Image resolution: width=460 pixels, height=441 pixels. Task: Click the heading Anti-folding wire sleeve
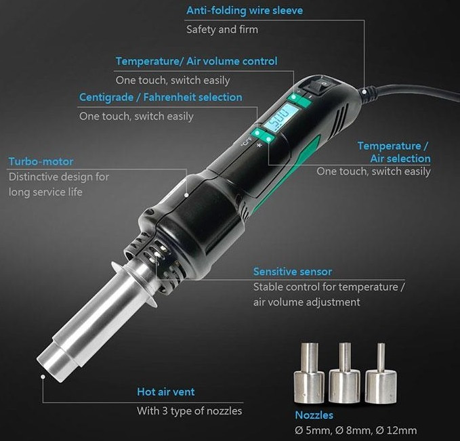click(x=245, y=11)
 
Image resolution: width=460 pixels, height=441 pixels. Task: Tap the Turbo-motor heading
click(x=41, y=161)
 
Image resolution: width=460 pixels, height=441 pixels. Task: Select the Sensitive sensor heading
click(x=293, y=272)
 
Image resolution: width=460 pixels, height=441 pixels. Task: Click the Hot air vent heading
click(x=166, y=392)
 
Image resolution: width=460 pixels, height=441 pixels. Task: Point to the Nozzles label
click(x=314, y=415)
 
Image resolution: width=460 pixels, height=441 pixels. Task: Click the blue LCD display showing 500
click(x=280, y=117)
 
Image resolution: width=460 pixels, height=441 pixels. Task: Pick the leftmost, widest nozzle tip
click(x=309, y=373)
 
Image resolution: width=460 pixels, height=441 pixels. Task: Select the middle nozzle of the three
click(x=345, y=373)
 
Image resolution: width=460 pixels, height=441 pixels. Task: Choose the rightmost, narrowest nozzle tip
click(x=381, y=373)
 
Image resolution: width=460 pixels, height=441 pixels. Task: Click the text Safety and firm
click(x=222, y=30)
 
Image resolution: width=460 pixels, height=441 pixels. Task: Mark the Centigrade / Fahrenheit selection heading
click(x=161, y=98)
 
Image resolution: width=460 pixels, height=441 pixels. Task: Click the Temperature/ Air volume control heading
click(x=196, y=61)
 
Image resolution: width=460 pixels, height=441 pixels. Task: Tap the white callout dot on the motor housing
click(x=186, y=195)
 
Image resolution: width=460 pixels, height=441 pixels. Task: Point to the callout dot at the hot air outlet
click(x=43, y=377)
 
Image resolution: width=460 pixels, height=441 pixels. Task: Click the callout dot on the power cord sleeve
click(x=364, y=91)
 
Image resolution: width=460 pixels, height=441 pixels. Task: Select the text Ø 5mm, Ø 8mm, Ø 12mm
click(x=356, y=430)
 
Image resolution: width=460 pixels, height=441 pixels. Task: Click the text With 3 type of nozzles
click(x=189, y=411)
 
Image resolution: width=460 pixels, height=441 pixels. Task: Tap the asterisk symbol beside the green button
click(x=259, y=145)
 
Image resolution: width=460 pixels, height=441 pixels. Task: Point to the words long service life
click(x=45, y=192)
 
